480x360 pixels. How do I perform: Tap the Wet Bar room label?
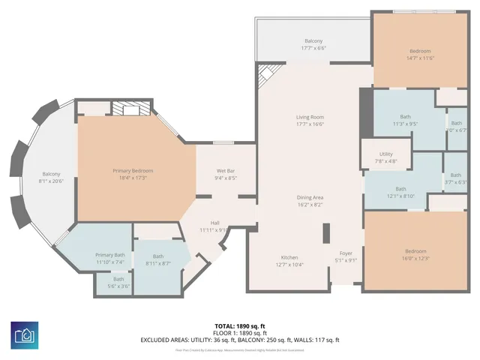coord(226,171)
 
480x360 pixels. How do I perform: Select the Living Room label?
coord(310,117)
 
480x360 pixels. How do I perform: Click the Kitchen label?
coord(289,256)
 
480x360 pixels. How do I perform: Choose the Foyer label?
coord(346,253)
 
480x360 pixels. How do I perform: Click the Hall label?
coord(214,223)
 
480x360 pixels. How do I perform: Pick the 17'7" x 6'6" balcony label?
coord(313,40)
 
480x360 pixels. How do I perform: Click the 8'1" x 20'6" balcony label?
coord(52,174)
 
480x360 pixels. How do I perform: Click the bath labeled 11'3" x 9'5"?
coord(405,116)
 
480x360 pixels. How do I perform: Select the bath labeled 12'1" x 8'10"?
coord(400,189)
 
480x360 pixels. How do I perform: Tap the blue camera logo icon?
coord(26,334)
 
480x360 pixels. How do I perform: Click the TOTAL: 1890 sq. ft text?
coord(240,325)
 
